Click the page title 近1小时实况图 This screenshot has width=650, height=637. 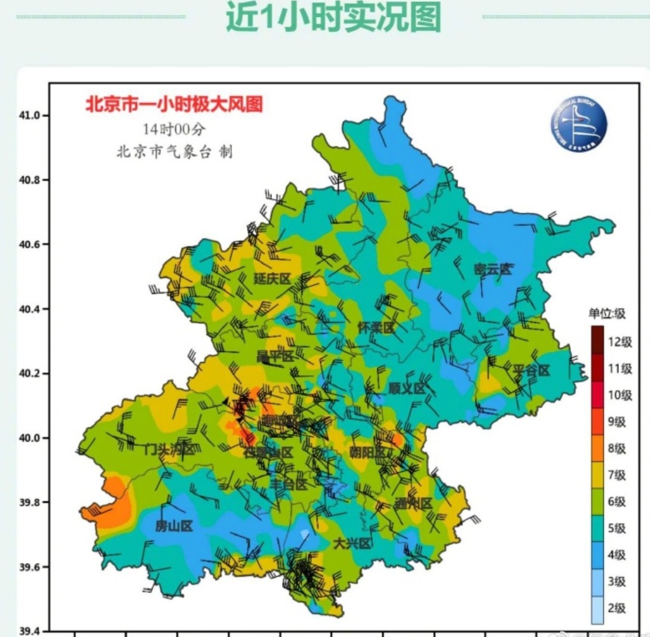coord(333,17)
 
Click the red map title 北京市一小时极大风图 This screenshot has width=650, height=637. coord(174,104)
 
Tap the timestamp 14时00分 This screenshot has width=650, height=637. coord(174,129)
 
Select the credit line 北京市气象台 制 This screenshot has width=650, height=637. coord(174,152)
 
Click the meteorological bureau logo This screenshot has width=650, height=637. coord(578,124)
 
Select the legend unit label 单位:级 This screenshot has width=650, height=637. coord(607,314)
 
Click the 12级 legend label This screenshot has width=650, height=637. coord(620,342)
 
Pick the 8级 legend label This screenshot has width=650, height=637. coord(616,449)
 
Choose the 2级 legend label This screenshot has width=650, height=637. coord(616,608)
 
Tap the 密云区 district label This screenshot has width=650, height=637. coord(492,269)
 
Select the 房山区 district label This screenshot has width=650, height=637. coord(174,526)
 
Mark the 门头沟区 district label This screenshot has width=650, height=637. coord(169,449)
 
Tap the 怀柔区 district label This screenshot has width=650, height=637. coord(376,327)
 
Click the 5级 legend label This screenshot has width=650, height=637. coord(616,529)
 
